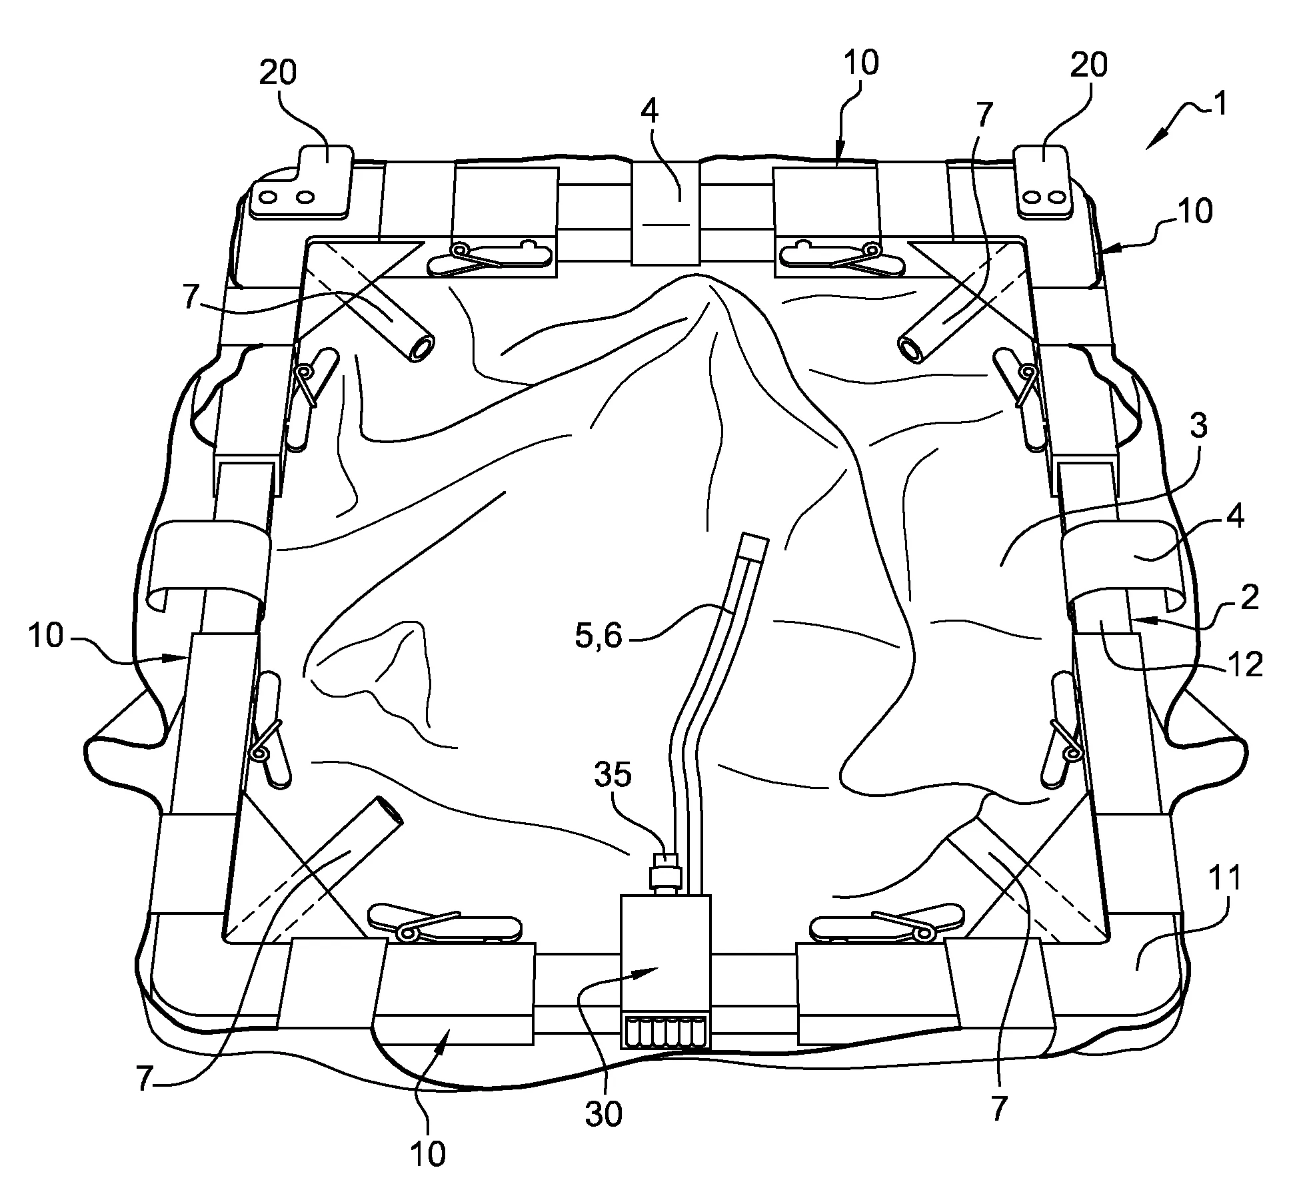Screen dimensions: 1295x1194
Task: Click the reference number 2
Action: point(1250,598)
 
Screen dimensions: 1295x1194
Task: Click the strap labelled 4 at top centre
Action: point(665,212)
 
